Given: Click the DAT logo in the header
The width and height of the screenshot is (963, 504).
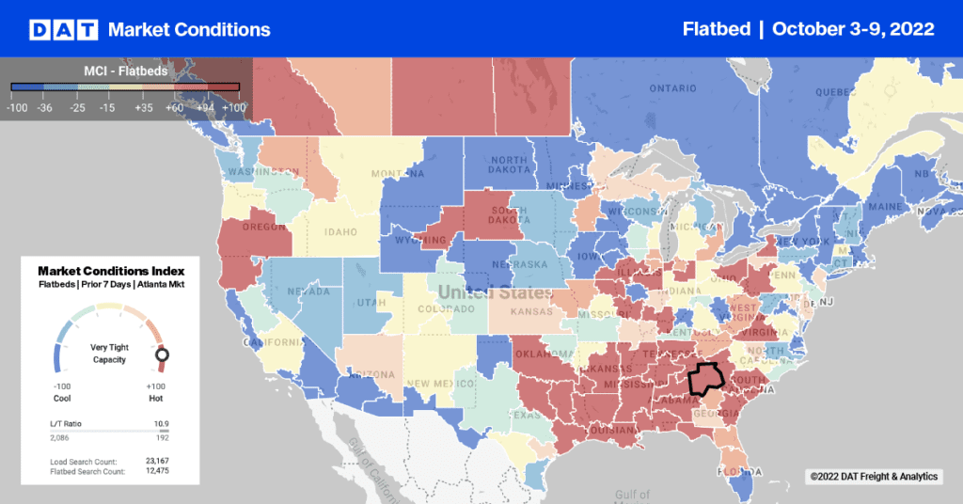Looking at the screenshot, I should [64, 29].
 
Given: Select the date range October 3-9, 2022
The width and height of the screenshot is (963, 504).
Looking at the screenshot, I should [853, 29].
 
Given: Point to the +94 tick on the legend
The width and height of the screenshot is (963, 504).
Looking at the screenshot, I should [204, 108].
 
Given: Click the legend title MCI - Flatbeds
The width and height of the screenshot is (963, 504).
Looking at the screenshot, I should [126, 70].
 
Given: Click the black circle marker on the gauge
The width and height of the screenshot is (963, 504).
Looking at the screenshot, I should [162, 354].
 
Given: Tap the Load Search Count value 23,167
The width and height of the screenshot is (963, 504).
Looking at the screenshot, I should [157, 460].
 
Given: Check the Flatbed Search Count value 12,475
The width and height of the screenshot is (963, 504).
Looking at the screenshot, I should [157, 471].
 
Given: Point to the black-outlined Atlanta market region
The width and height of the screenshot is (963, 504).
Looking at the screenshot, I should [704, 378].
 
